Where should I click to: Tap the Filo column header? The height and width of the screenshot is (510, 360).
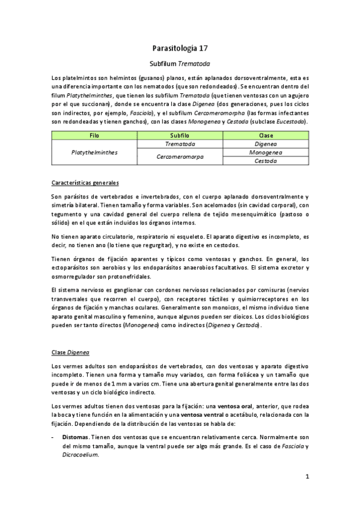pos(94,136)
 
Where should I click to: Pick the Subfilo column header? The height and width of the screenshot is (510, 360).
pos(180,136)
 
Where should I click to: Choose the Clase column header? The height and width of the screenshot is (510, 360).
pos(265,136)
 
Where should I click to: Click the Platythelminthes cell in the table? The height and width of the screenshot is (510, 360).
pos(94,153)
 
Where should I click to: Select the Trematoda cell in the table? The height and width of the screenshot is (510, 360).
pos(180,144)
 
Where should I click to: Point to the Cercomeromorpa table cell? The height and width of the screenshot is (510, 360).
pos(180,157)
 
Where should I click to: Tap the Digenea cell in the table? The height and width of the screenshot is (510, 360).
pos(265,144)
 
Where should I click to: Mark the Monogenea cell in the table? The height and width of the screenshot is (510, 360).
pos(265,153)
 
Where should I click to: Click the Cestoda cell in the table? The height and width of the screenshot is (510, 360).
pos(265,161)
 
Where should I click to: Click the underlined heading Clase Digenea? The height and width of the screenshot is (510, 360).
pos(70,351)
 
